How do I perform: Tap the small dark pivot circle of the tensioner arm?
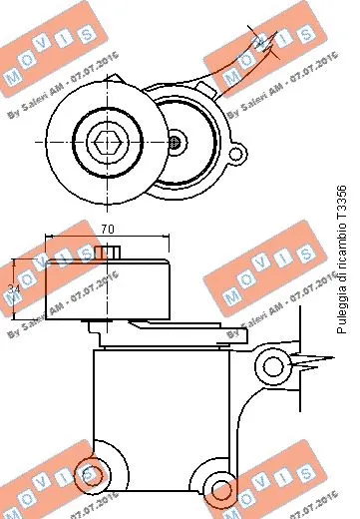176,141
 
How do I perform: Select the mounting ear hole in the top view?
236,154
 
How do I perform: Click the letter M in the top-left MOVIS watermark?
13,74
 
